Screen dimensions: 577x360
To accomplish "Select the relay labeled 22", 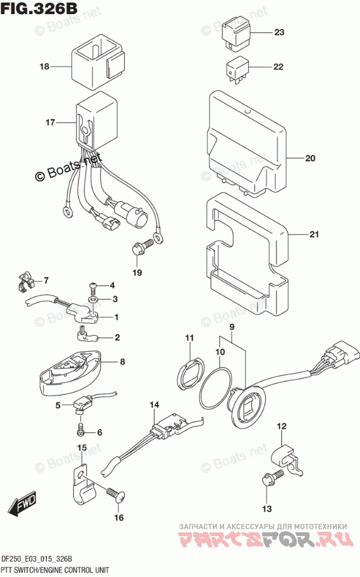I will tap(236, 68).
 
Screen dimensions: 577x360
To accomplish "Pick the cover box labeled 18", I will tap(98, 60).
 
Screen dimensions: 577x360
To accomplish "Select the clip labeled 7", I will tap(25, 282).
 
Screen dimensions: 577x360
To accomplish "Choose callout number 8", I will tap(122, 362).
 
